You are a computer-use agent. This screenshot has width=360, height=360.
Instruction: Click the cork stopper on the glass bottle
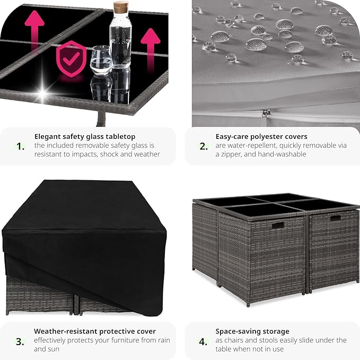tap(121, 7)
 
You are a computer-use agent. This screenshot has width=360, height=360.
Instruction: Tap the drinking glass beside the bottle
tap(101, 60)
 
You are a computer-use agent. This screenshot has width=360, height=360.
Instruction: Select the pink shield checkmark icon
tap(72, 59)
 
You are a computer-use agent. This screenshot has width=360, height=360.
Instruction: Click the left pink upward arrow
tap(34, 29)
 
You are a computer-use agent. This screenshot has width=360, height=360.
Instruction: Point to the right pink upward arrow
tap(151, 49)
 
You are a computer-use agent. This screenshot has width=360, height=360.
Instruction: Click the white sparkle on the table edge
tap(42, 93)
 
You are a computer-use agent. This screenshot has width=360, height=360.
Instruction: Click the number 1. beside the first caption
tap(21, 146)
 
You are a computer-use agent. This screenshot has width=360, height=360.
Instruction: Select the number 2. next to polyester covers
tap(204, 146)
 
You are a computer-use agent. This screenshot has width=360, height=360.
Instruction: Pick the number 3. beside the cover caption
tap(20, 341)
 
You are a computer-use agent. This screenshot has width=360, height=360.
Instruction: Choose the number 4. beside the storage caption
tap(203, 341)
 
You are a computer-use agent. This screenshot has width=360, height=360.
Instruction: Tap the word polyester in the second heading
tap(266, 137)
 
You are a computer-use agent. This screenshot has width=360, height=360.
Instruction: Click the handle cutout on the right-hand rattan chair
tap(336, 218)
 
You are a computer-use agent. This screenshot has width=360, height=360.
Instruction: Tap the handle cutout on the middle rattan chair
tap(278, 225)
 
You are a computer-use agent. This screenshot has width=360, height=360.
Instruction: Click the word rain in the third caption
tap(163, 340)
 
